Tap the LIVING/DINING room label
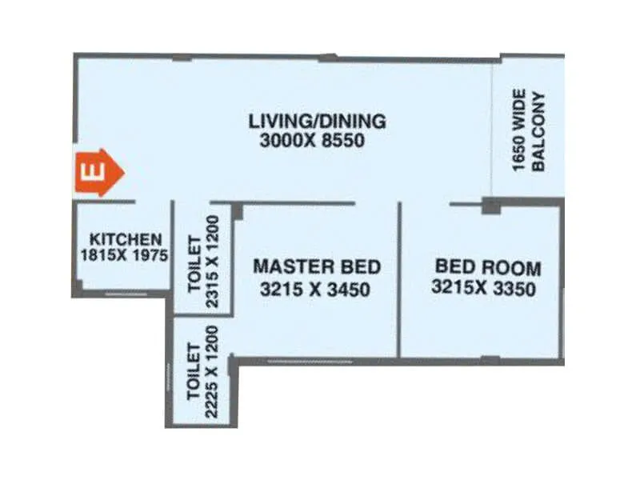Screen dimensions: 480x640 (317, 122)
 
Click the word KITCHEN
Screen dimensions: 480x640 (126, 238)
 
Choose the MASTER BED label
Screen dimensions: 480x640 (316, 266)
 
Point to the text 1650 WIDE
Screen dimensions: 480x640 (518, 132)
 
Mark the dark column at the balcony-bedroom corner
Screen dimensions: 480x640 (490, 206)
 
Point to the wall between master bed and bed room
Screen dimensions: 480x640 (398, 280)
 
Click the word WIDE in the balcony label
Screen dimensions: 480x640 (518, 113)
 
